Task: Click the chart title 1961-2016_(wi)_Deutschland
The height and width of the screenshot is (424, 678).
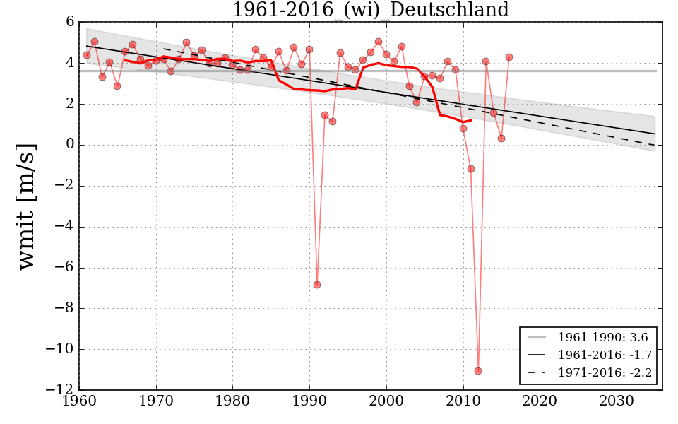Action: [x=370, y=10]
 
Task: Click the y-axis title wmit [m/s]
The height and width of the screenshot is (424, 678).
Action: [x=27, y=206]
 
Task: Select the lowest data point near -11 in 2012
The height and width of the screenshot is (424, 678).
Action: [x=478, y=370]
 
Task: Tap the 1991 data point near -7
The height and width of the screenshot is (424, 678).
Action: [x=317, y=285]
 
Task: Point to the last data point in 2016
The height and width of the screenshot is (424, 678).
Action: [x=509, y=57]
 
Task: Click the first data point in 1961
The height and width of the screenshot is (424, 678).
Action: [x=87, y=55]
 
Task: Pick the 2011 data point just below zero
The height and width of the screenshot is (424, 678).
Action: [x=471, y=169]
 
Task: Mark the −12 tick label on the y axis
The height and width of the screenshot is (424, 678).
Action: [x=61, y=390]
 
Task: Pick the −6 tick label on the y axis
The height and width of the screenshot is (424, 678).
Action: [x=64, y=268]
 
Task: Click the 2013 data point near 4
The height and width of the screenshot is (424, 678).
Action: [x=486, y=61]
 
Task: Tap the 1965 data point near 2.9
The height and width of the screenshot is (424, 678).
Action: [x=117, y=86]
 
